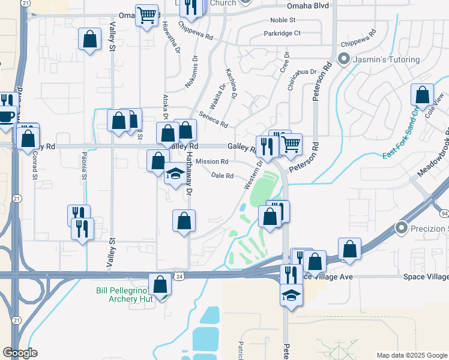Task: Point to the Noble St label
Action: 284,20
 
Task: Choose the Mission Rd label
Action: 212,161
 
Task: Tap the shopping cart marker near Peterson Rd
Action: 291,144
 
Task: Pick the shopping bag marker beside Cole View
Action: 422,95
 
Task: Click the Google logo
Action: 20,353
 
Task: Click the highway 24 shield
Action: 179,276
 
